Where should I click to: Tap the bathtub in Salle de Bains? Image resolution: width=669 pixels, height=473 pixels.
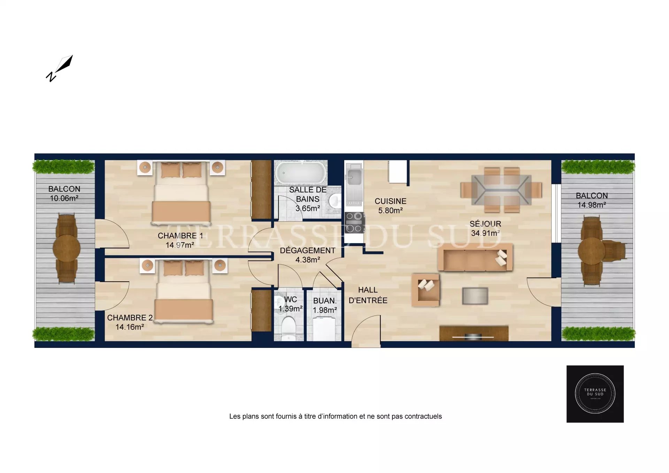(301, 172)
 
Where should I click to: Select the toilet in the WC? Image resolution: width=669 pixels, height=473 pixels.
(289, 328)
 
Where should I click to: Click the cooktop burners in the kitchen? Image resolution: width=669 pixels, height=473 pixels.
(354, 223)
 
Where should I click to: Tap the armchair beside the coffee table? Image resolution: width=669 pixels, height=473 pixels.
(425, 290)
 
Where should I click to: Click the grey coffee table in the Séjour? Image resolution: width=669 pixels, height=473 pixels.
(475, 296)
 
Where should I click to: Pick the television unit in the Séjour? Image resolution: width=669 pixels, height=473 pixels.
(474, 333)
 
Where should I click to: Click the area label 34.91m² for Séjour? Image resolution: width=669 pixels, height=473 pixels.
(485, 233)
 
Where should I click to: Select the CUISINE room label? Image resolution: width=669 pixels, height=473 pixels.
(391, 201)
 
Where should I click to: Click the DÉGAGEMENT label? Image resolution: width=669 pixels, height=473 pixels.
(308, 251)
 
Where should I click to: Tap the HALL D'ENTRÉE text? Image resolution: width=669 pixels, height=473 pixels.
(368, 295)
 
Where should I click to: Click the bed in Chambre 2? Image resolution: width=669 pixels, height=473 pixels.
(184, 291)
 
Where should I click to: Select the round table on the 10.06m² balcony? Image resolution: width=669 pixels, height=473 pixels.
(67, 248)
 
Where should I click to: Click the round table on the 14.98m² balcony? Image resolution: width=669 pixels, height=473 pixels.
(591, 251)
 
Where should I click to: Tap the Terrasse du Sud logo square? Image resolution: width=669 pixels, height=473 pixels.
(595, 394)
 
